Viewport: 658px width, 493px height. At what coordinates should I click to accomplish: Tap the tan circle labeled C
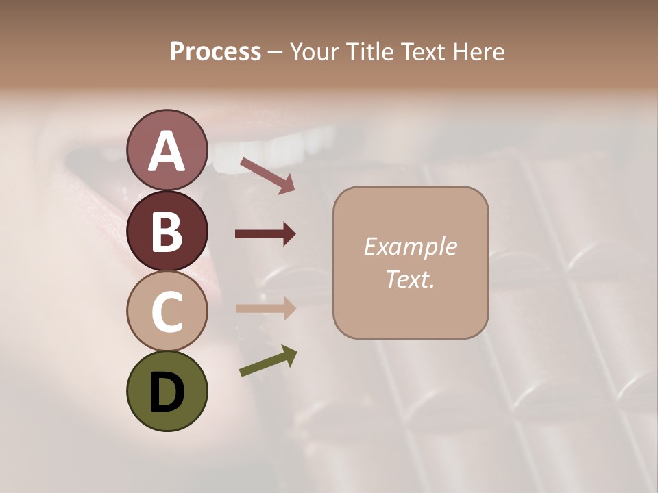click(167, 311)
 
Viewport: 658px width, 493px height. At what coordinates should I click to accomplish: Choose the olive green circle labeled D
click(167, 391)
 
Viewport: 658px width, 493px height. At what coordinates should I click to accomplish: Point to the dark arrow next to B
click(265, 234)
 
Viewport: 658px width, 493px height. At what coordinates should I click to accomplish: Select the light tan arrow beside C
click(265, 308)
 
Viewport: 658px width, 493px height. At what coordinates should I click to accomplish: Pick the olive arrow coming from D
click(268, 361)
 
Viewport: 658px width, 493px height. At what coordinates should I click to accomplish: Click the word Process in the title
click(215, 51)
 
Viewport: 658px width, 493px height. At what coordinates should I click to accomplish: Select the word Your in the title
click(312, 51)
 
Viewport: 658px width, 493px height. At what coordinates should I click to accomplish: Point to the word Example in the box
click(410, 246)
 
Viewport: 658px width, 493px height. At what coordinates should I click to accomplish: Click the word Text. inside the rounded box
click(410, 279)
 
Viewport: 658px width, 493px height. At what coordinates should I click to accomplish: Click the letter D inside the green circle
click(167, 392)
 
